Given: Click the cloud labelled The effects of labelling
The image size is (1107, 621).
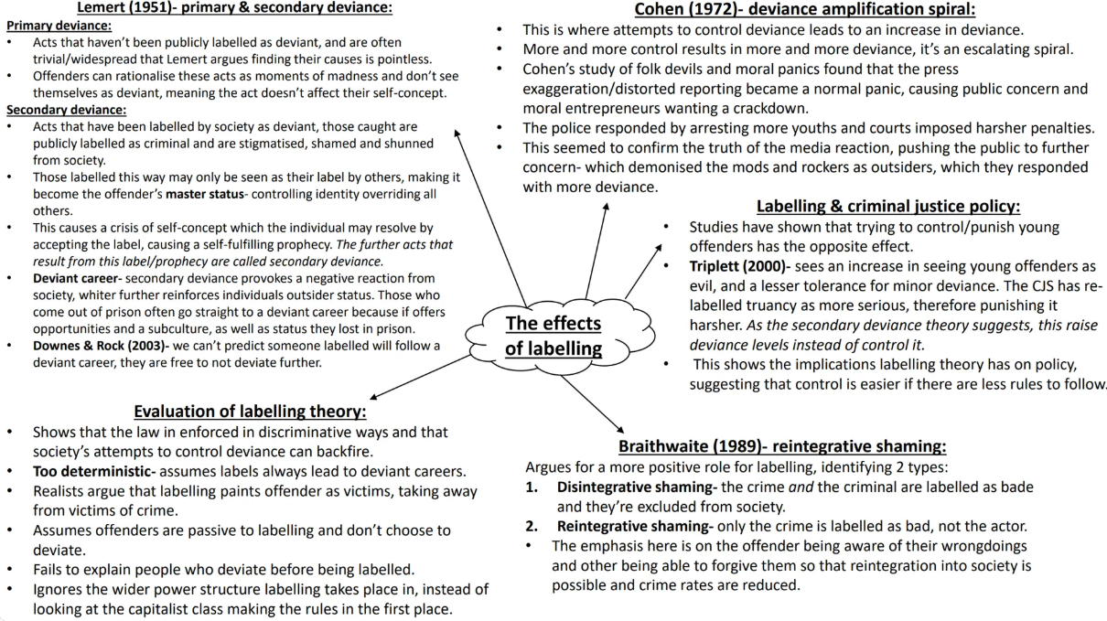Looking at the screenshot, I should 553,335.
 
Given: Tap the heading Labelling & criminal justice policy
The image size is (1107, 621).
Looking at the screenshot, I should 888,207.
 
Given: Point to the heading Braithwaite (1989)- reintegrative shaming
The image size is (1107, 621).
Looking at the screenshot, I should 782,446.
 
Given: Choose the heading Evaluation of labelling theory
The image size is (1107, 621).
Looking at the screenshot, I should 250,411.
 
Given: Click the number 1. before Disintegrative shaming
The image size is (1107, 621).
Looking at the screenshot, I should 532,487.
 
